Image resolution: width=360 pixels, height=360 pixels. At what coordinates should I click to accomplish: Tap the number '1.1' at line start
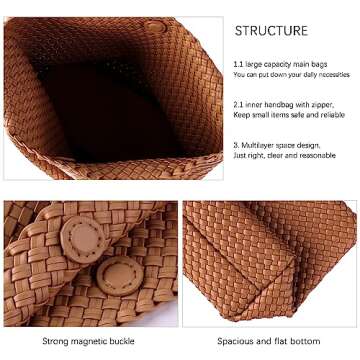pyautogui.click(x=237, y=63)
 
